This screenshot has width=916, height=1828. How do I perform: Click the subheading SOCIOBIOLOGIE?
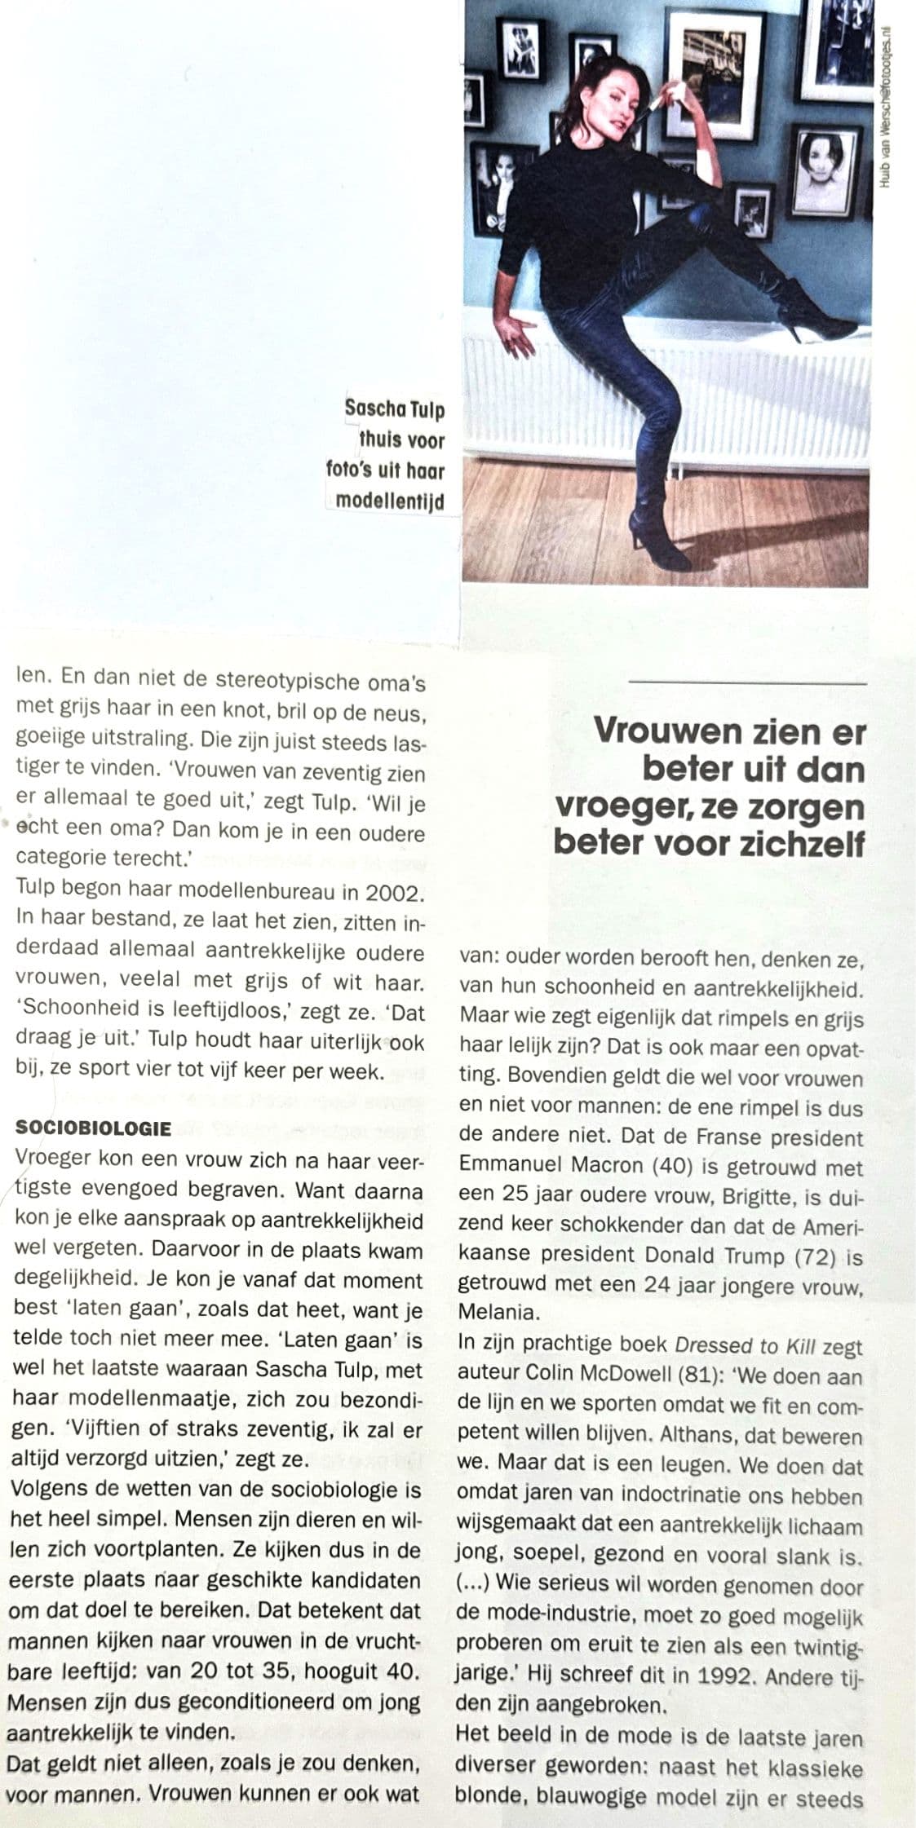pyautogui.click(x=92, y=1128)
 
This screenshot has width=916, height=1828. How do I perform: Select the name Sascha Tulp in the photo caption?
pyautogui.click(x=394, y=408)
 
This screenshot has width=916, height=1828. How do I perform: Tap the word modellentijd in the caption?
pyautogui.click(x=390, y=501)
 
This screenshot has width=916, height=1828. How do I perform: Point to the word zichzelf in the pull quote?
pyautogui.click(x=789, y=842)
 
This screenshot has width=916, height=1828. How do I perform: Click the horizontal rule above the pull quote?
pyautogui.click(x=747, y=682)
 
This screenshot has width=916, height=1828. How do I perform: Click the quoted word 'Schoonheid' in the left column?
pyautogui.click(x=73, y=1013)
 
